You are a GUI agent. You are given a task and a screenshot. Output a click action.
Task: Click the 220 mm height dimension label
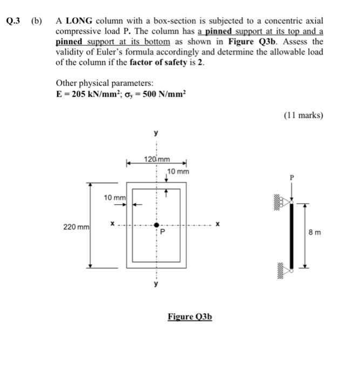click(77, 227)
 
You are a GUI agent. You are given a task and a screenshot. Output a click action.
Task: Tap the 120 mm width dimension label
click(157, 159)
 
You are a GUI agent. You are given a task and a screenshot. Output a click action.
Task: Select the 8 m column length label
click(315, 232)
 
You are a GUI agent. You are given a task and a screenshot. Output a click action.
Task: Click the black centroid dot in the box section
click(157, 225)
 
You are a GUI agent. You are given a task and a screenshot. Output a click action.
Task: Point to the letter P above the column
click(292, 178)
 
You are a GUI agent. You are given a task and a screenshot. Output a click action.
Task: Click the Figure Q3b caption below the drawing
click(190, 316)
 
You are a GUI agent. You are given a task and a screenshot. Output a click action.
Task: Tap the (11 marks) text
click(303, 115)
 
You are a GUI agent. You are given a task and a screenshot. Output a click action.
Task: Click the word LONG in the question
click(79, 21)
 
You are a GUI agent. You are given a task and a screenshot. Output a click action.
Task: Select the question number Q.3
click(13, 21)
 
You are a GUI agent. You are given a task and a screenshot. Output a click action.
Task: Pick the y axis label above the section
click(156, 132)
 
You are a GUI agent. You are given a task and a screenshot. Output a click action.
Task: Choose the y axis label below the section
click(156, 283)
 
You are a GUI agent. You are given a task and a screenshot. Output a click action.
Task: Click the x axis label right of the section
click(218, 224)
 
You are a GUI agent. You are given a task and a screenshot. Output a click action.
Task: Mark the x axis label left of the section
click(112, 224)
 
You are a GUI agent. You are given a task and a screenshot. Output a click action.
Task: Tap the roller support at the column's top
click(284, 202)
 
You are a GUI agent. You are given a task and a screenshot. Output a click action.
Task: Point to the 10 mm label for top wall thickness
click(178, 172)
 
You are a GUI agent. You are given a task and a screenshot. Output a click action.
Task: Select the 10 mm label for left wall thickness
click(115, 198)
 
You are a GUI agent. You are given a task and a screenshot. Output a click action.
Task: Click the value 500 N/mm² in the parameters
click(164, 94)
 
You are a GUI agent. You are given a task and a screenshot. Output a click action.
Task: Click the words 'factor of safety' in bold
click(158, 63)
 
